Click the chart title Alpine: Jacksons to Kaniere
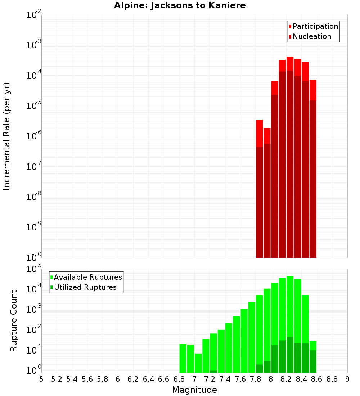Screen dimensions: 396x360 coord(180,6)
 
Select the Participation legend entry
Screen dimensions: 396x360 coord(315,26)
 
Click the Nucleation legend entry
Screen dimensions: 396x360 coord(311,36)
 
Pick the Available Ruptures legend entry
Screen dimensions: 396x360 coord(87,277)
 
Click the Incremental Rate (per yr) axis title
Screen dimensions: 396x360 coord(7,136)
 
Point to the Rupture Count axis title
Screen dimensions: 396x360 coord(14,321)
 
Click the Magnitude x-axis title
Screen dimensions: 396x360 coord(194,390)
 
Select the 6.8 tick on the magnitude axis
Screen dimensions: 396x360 coord(179,379)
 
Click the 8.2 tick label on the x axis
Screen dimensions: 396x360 coord(286,379)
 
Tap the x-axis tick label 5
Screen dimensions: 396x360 coord(41,379)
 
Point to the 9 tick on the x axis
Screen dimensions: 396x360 coord(347,379)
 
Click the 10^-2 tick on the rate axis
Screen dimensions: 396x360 coord(33,15)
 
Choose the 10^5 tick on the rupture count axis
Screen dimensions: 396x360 coord(33,270)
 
